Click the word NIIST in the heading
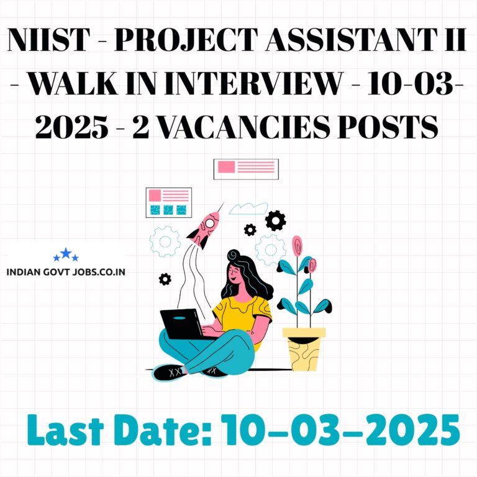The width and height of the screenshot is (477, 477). point(48,40)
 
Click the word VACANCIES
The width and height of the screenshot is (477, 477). point(244,127)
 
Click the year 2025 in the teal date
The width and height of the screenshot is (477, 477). point(412,430)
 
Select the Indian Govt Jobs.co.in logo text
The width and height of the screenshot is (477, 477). point(66,271)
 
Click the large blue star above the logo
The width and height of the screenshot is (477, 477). point(66,253)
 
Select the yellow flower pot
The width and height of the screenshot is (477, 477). point(304,349)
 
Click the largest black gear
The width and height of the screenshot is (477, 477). point(275,220)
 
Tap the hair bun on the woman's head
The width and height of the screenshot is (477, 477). point(234,255)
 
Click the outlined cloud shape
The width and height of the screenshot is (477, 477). point(248,209)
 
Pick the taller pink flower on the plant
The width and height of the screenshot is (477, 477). point(297,246)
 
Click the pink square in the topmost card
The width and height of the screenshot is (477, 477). point(226,167)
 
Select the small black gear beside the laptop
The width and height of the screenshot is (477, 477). point(165,279)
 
